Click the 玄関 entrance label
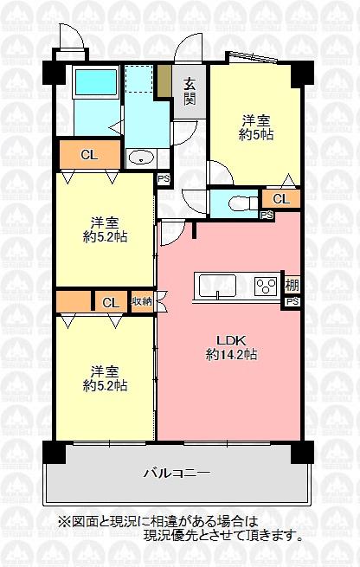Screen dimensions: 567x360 click(189, 93)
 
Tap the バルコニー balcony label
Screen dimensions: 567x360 click(177, 473)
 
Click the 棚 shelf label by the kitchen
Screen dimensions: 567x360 click(292, 285)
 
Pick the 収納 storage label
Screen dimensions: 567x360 click(141, 302)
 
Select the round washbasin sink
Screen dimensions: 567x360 click(140, 158)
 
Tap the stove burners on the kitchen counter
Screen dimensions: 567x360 click(265, 285)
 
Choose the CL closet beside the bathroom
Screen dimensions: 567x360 click(88, 155)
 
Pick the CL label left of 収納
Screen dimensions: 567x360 click(110, 302)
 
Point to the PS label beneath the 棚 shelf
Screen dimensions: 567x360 click(292, 301)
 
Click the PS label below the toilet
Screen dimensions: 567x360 click(266, 215)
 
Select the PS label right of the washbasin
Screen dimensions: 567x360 click(164, 180)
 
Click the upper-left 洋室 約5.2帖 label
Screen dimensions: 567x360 click(106, 227)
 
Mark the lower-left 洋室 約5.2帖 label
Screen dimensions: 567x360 click(106, 377)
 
